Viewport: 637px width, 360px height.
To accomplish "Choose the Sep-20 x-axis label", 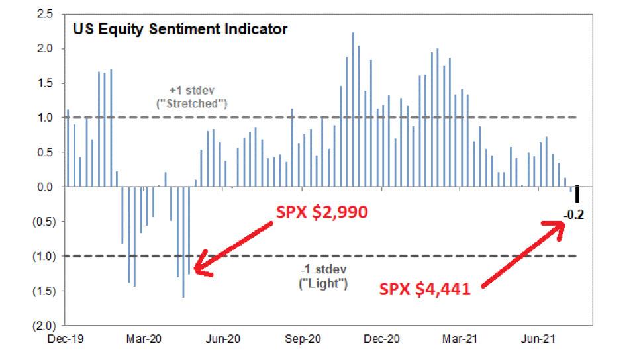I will (x=303, y=339).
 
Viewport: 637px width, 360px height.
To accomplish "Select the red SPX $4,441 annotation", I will (x=425, y=288).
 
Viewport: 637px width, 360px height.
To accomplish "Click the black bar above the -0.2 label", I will (x=577, y=195).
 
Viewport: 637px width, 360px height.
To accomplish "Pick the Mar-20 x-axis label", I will (x=145, y=339).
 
